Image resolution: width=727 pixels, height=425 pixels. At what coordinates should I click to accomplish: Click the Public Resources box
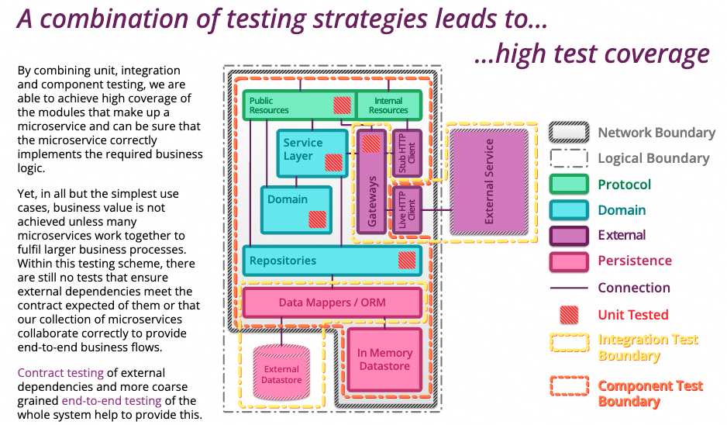pyautogui.click(x=299, y=105)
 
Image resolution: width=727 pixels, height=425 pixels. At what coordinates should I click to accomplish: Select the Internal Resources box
pyautogui.click(x=389, y=105)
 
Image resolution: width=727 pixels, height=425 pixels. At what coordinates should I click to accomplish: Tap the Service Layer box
pyautogui.click(x=312, y=154)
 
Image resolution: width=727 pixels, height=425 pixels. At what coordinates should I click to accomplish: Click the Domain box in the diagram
pyautogui.click(x=296, y=209)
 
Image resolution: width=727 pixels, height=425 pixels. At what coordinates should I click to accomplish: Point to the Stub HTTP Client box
pyautogui.click(x=407, y=153)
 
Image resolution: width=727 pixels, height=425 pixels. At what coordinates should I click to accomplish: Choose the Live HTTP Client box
pyautogui.click(x=407, y=210)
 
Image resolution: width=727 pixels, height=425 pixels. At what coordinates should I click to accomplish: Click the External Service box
pyautogui.click(x=489, y=182)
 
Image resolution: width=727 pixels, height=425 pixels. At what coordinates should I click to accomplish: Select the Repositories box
pyautogui.click(x=332, y=261)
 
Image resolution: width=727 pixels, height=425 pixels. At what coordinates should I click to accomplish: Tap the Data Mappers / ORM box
pyautogui.click(x=332, y=302)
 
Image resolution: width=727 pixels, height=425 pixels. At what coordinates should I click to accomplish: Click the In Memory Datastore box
pyautogui.click(x=385, y=360)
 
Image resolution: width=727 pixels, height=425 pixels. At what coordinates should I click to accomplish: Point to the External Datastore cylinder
pyautogui.click(x=281, y=372)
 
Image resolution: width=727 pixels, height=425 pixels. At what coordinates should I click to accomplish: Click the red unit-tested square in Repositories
pyautogui.click(x=407, y=261)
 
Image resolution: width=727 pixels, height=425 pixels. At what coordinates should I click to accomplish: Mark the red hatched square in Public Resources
pyautogui.click(x=342, y=105)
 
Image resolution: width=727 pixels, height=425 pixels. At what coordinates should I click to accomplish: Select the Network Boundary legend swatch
pyautogui.click(x=569, y=133)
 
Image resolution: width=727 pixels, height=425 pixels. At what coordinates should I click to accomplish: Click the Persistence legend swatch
pyautogui.click(x=569, y=261)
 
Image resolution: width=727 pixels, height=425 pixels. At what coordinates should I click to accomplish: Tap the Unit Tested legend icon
pyautogui.click(x=569, y=315)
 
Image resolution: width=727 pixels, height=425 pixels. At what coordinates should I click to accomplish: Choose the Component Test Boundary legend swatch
pyautogui.click(x=570, y=385)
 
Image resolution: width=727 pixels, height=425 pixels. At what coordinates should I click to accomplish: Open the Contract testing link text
pyautogui.click(x=60, y=373)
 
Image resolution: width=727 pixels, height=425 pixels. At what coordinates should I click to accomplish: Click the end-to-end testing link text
pyautogui.click(x=112, y=401)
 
